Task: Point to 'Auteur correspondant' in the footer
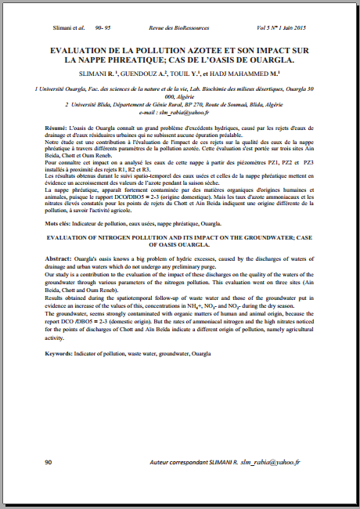tap(177, 463)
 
